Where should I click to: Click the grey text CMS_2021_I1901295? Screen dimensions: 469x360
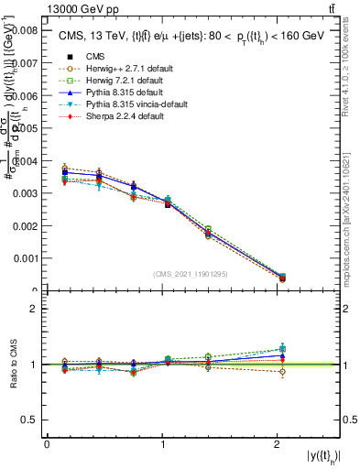191,274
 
